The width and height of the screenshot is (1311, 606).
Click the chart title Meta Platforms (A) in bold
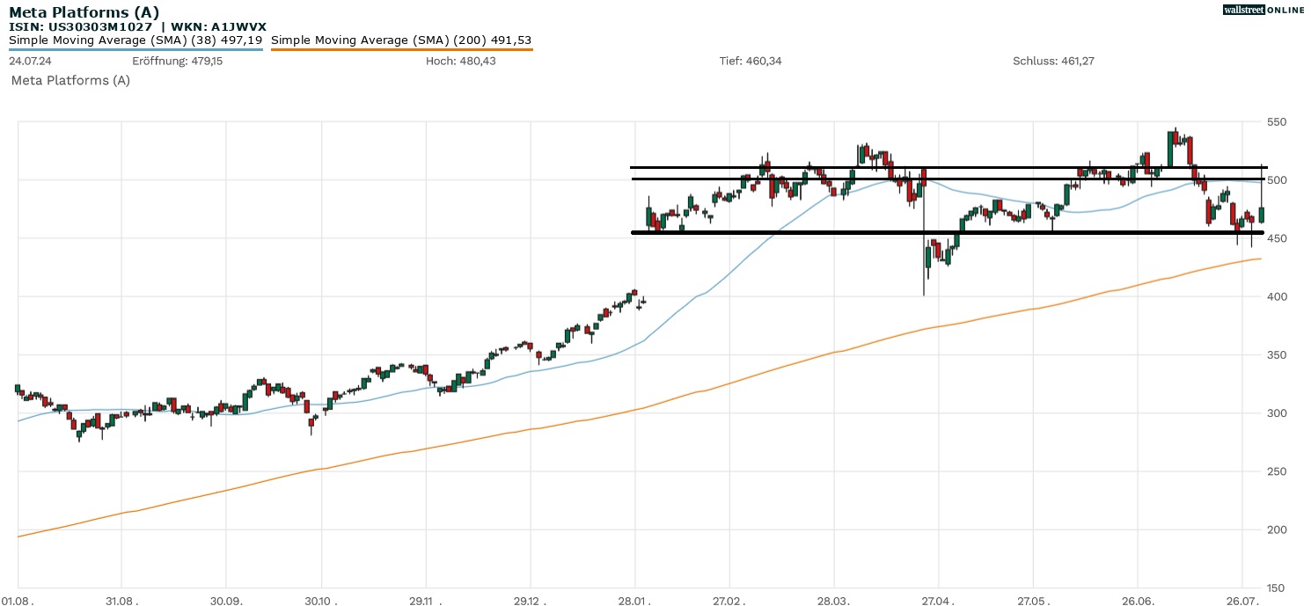click(84, 11)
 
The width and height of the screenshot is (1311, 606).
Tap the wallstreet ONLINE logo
click(1263, 10)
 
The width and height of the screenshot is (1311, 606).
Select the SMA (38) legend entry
click(135, 40)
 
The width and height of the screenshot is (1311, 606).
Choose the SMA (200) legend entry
click(401, 40)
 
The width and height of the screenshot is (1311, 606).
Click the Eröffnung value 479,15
click(202, 61)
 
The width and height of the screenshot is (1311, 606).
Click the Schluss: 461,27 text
click(1053, 61)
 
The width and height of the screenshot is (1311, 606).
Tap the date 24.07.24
click(28, 61)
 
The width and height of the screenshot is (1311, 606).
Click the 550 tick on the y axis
click(1277, 121)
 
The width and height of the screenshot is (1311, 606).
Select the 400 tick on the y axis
click(1277, 296)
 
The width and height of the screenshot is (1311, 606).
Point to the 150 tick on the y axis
click(1277, 588)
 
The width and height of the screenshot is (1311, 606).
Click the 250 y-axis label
click(1277, 471)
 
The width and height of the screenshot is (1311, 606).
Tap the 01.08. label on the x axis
click(17, 598)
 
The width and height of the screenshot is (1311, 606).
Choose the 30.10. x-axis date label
click(321, 598)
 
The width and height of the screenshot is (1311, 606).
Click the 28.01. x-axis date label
click(634, 598)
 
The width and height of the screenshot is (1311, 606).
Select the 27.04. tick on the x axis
click(938, 598)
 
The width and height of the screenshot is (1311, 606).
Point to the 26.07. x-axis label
click(1241, 598)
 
